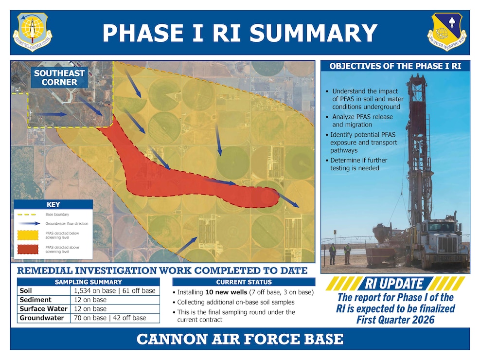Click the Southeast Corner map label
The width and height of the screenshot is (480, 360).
(59, 78)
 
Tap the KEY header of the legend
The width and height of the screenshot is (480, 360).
(53, 205)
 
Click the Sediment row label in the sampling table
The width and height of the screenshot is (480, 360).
(36, 300)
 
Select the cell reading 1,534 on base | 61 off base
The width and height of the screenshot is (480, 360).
(115, 290)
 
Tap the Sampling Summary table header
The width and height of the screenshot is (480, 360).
(88, 282)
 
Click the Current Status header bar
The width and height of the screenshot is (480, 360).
(244, 282)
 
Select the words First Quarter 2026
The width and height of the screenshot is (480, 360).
(394, 320)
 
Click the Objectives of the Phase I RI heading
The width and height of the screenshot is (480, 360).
(395, 66)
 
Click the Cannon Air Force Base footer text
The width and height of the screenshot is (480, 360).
(240, 339)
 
